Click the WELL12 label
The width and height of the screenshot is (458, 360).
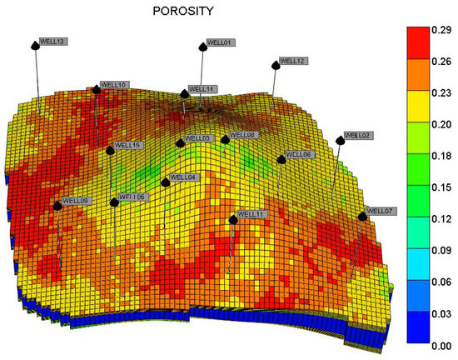tap(293, 61)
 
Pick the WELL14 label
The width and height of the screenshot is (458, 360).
tap(202, 89)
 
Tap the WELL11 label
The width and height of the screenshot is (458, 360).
tap(251, 214)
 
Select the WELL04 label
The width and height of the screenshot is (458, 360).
tap(183, 177)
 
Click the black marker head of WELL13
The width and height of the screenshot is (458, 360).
tap(35, 45)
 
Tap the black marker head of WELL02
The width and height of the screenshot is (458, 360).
tap(340, 141)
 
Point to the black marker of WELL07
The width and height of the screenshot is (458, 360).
tap(362, 216)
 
